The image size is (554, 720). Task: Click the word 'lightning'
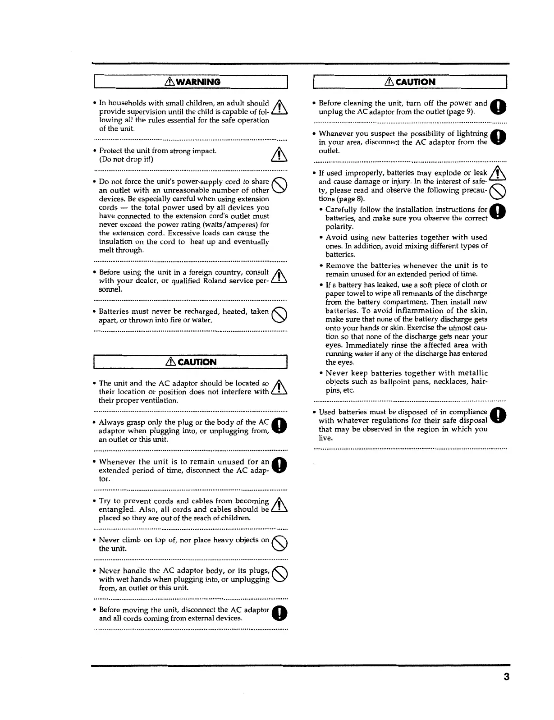pyautogui.click(x=469, y=133)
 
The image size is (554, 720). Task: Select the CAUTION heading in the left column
pyautogui.click(x=193, y=362)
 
